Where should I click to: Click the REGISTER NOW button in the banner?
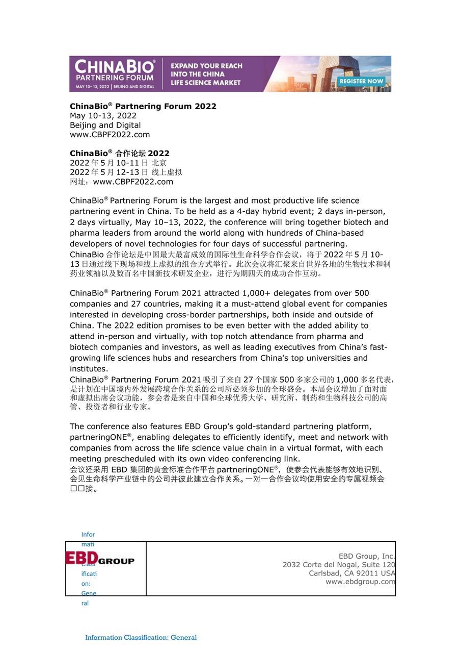[x=361, y=81]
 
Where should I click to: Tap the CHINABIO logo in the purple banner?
[x=115, y=67]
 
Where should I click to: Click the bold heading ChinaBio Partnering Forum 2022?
[x=143, y=106]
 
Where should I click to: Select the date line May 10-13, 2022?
[x=103, y=116]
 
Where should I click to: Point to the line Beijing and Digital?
[x=105, y=125]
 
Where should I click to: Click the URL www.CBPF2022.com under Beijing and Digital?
[x=110, y=135]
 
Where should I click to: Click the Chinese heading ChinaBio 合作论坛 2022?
[x=120, y=153]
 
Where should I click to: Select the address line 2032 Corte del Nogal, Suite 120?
[x=339, y=565]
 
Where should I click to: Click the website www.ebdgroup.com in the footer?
[x=360, y=582]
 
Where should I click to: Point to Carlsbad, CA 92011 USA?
[x=351, y=573]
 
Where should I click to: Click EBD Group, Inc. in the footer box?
[x=367, y=556]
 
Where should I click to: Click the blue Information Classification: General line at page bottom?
[x=141, y=637]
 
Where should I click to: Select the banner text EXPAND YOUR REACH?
[x=206, y=66]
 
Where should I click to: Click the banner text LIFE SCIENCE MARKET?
[x=205, y=83]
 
